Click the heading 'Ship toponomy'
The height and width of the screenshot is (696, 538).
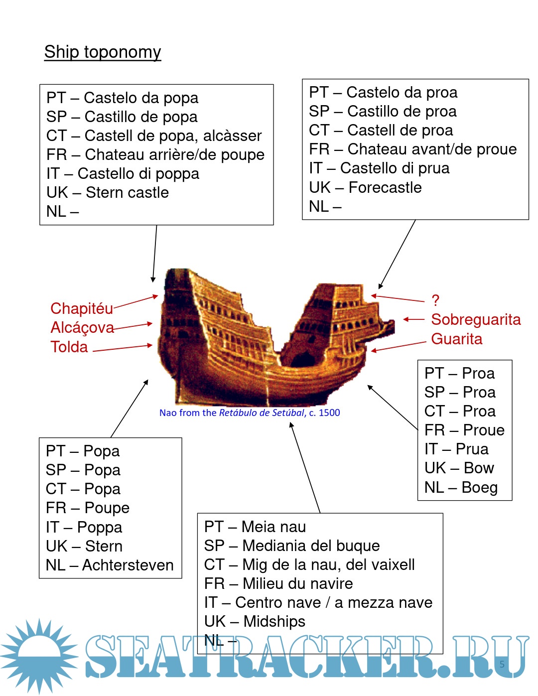coord(103,52)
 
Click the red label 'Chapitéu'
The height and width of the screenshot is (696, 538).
coord(82,308)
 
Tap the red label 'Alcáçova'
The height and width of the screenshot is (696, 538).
coord(82,327)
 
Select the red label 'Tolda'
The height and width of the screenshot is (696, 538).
coord(69,347)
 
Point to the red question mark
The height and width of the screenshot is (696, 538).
coord(435,300)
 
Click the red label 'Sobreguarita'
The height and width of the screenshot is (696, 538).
coord(476,319)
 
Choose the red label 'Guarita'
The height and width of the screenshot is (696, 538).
coord(456,339)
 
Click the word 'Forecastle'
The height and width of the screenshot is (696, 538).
coord(385,187)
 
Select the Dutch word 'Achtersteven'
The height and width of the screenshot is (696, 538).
coord(128,565)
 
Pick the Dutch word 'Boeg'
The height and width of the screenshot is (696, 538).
coord(479,487)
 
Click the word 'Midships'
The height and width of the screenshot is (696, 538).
coord(274,621)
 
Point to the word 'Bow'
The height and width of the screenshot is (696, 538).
coord(479,468)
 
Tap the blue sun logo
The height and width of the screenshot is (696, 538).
coord(39,655)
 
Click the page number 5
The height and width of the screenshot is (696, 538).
coord(502,664)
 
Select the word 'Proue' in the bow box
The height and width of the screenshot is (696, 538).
coord(484,430)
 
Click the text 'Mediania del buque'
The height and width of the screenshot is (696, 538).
coord(311,546)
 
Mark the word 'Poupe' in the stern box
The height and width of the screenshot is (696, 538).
coord(107,508)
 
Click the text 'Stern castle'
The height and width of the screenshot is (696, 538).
coord(127,192)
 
